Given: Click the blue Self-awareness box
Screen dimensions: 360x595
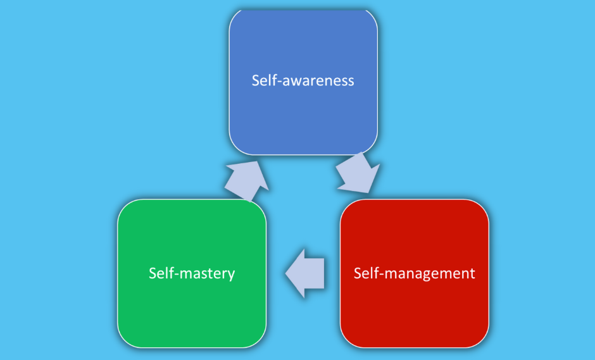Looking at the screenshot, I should coord(303,114).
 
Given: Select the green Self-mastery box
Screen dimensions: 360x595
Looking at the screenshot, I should coord(191,304).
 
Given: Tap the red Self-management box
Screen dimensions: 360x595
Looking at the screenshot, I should coord(414,310).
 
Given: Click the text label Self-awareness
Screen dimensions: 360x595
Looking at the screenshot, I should coord(303,80).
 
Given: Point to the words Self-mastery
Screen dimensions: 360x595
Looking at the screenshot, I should coord(192,273).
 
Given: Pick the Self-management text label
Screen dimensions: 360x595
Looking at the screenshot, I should coord(414,273).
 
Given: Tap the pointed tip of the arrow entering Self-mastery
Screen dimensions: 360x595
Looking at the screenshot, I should coord(287,273).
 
